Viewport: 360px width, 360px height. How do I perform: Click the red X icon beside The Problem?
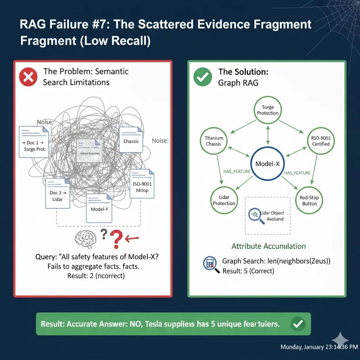(x=28, y=77)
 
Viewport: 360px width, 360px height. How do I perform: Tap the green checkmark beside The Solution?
(x=203, y=77)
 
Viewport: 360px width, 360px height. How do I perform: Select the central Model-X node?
(x=268, y=163)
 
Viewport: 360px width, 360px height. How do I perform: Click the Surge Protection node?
(x=268, y=110)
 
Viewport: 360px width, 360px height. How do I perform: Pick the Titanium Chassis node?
(x=213, y=141)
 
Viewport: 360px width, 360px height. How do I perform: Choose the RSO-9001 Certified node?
(x=321, y=141)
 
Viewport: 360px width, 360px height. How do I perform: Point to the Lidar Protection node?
(x=224, y=201)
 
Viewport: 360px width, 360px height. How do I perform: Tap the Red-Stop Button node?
(x=309, y=201)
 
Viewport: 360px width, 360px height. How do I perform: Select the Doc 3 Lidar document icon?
(x=57, y=193)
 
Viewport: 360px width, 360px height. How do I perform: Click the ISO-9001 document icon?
(x=142, y=184)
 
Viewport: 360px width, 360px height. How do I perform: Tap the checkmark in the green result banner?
(x=298, y=324)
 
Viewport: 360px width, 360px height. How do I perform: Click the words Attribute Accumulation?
(x=269, y=246)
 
